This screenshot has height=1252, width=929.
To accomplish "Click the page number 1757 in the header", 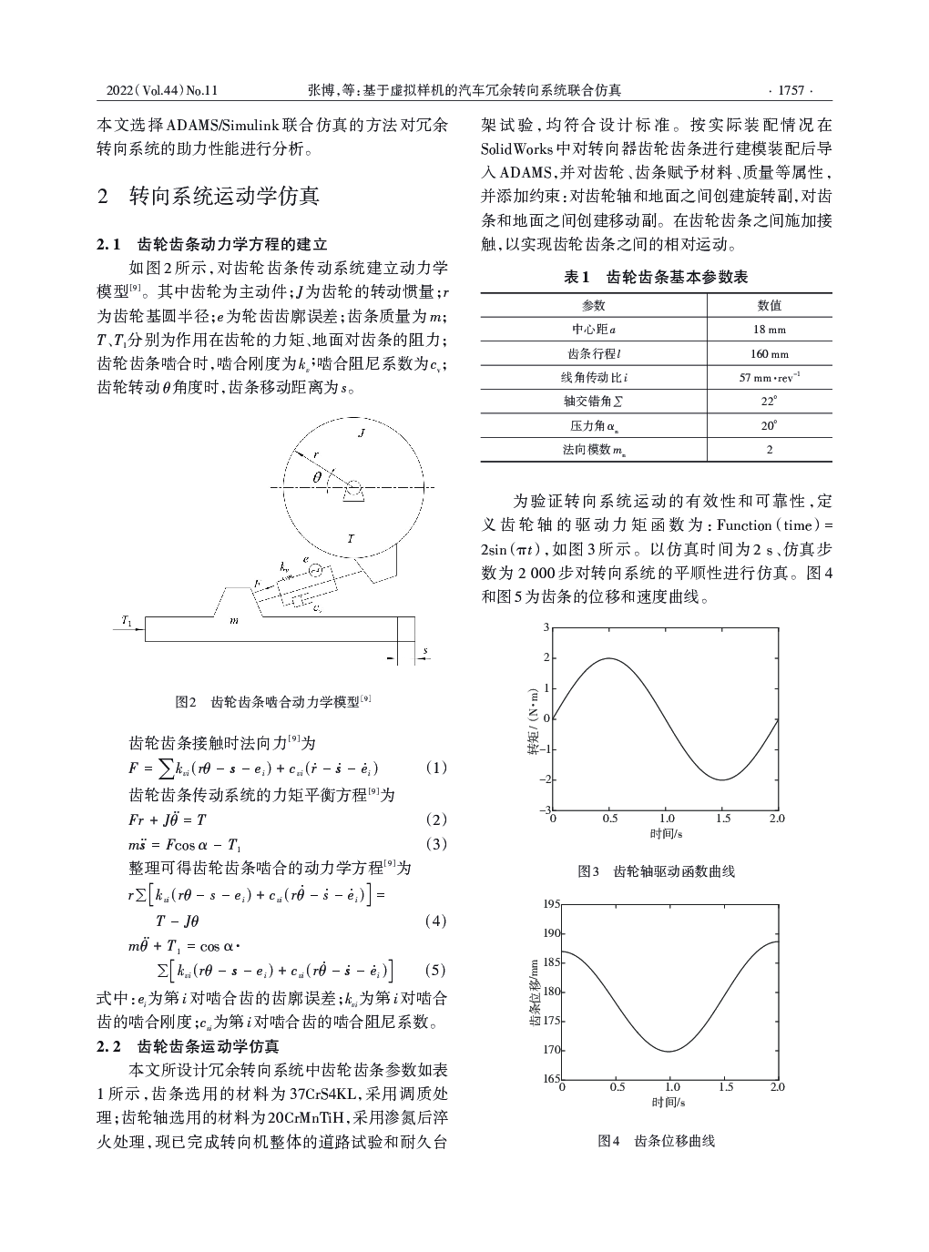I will pos(789,90).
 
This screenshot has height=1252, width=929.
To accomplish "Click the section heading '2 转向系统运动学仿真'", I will pos(208,197).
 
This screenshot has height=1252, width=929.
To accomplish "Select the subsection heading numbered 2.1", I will pos(211,244).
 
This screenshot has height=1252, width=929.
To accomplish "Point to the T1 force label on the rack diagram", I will pos(127,621).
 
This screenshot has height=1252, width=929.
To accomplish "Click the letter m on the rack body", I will pos(234,620).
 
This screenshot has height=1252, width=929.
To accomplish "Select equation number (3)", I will pos(436,844).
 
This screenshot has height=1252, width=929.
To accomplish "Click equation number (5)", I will pos(436,969).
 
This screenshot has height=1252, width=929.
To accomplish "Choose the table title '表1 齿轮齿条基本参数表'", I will pos(656,277).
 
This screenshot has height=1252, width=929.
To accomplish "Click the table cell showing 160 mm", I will pos(769,353).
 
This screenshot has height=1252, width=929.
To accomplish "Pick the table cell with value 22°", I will pos(769,401).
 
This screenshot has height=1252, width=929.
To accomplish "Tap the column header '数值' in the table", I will pos(769,306).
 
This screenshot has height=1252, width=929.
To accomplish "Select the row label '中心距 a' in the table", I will pos(593,330).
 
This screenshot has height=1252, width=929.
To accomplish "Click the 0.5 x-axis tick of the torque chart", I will pos(610,819).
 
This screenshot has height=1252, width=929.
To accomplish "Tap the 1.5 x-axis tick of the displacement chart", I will pos(725,1087).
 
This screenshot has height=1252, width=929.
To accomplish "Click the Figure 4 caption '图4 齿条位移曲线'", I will pos(656,1140).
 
